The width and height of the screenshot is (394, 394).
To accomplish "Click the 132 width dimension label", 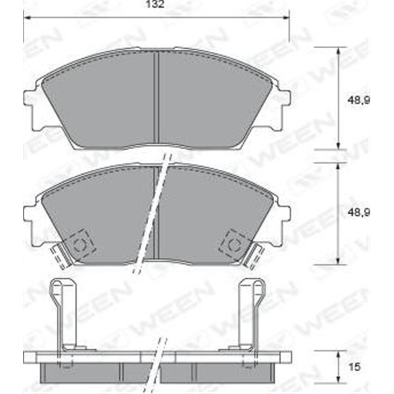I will [155, 5].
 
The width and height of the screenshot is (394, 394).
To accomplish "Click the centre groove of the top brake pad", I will [157, 98].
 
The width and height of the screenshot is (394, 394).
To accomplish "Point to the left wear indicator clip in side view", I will [64, 315].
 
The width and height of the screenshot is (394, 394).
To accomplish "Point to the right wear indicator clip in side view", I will [250, 315].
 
